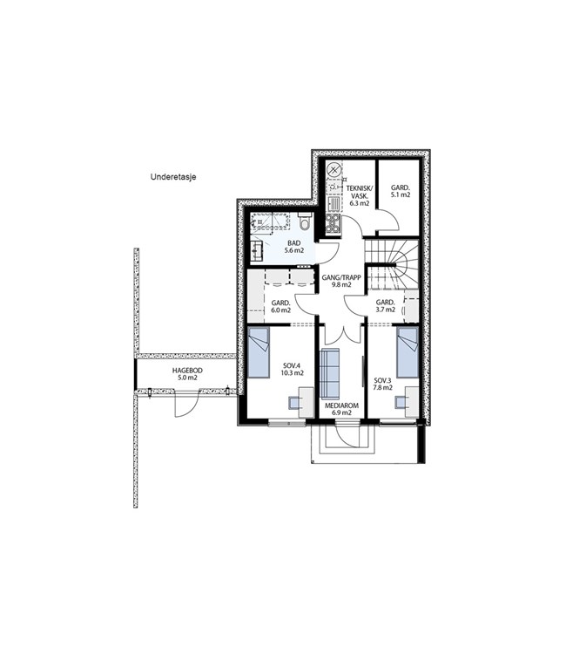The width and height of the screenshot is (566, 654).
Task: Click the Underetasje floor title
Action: click(x=173, y=177)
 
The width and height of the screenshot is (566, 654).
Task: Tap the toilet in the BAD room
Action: click(x=306, y=221)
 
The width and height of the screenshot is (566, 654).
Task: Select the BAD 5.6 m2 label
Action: click(x=294, y=247)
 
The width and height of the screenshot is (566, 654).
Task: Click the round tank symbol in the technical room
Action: click(x=334, y=170)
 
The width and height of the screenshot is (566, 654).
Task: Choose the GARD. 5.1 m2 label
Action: click(x=401, y=191)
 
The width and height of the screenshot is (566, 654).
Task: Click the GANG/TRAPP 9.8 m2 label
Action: click(x=341, y=281)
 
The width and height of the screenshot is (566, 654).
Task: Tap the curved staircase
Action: click(x=392, y=264)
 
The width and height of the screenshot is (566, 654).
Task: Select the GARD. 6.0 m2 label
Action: click(x=280, y=307)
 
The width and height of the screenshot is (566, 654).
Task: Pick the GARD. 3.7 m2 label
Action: click(x=385, y=306)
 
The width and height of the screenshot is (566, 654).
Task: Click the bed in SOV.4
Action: click(x=259, y=352)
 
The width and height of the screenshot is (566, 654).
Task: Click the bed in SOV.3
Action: click(x=408, y=352)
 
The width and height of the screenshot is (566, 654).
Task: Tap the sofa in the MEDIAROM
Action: click(x=329, y=374)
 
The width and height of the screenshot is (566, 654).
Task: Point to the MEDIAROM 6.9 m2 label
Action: click(x=341, y=409)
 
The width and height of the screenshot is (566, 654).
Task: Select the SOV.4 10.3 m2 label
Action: click(x=293, y=370)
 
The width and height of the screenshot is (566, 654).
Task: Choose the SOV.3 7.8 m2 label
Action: click(x=383, y=384)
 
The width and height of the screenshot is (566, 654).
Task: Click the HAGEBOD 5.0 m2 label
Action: click(x=187, y=374)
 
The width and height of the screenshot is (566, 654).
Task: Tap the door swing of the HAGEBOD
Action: click(x=184, y=404)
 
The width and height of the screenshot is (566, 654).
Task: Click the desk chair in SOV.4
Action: click(x=294, y=403)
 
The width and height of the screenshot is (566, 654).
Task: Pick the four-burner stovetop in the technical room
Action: click(x=334, y=222)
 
